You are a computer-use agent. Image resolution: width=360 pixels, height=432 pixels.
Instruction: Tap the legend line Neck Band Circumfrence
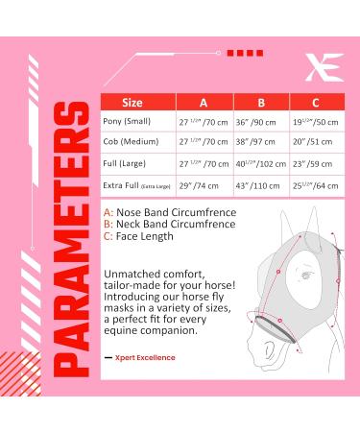click(x=167, y=225)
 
